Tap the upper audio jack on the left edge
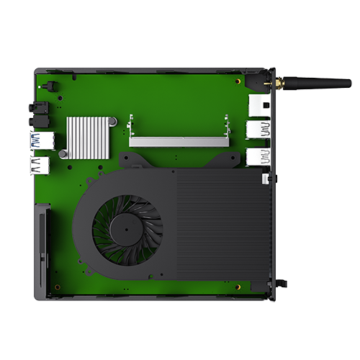(x=33, y=107)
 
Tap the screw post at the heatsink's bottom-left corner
(x=64, y=153)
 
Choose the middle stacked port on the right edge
(x=258, y=130)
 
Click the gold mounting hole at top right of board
(x=240, y=81)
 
